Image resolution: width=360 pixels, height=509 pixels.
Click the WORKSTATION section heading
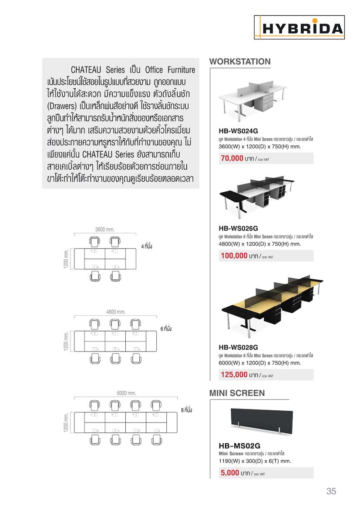tap(240, 61)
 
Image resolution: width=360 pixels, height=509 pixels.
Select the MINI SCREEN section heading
tap(237, 393)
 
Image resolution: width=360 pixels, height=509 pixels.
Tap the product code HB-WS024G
tap(238, 130)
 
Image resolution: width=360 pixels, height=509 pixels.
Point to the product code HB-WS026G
tap(238, 227)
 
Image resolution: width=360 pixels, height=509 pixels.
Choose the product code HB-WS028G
tap(238, 347)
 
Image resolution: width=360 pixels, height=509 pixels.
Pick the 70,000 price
tap(232, 158)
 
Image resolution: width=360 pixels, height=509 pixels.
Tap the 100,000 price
tap(234, 256)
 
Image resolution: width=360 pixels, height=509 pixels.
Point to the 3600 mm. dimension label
tap(104, 229)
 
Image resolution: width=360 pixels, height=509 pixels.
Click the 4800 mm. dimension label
tap(115, 311)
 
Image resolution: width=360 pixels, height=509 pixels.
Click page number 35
tap(331, 491)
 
